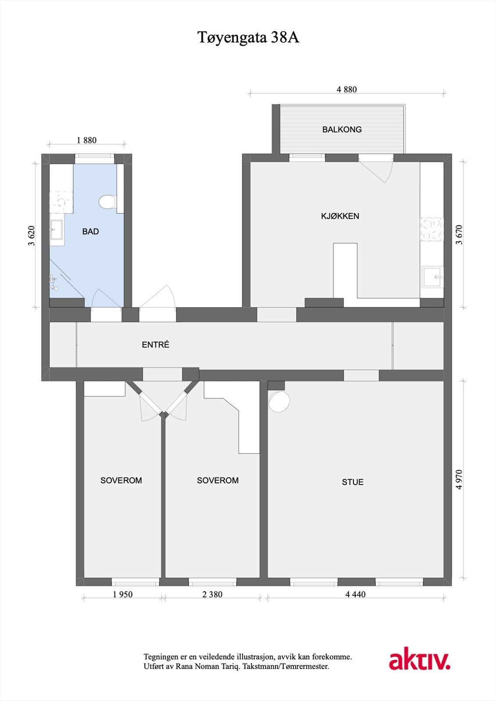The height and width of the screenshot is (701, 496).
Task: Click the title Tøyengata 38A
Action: pos(248,38)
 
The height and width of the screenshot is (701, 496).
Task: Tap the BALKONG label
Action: pos(342,129)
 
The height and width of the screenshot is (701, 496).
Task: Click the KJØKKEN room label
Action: pos(340,216)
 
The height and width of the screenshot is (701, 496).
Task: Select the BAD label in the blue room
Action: pos(90,231)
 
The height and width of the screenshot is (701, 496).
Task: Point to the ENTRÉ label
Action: pos(155,345)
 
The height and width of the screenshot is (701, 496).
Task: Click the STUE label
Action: pos(353,482)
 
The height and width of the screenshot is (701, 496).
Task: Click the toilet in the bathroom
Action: pos(107,202)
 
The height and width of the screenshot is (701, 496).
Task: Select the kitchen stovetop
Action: pos(432,230)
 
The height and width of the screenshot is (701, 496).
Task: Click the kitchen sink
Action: pos(432,277)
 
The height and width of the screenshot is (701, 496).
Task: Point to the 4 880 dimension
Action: pos(346,89)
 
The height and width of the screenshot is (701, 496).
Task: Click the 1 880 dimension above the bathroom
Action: pos(86,140)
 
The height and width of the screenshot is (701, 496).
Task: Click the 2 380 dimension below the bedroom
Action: pos(212,595)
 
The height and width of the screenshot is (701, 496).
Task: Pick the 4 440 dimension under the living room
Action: pos(355,595)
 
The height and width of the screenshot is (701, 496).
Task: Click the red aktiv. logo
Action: pos(420,661)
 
